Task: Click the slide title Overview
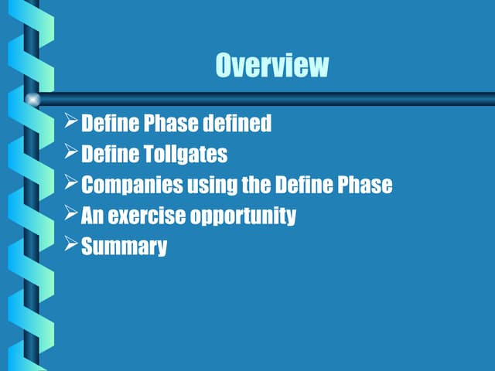tap(271, 65)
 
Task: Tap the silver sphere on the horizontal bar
tap(32, 99)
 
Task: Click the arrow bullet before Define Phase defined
tap(70, 121)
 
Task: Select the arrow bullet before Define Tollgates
tap(70, 152)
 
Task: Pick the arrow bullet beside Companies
tap(70, 183)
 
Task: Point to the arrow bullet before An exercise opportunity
tap(70, 214)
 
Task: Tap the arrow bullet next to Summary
tap(70, 245)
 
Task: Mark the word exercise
tap(142, 216)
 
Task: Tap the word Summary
tap(124, 248)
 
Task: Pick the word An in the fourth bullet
tap(93, 216)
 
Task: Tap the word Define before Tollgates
tap(110, 155)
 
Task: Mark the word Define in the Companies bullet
tap(297, 185)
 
